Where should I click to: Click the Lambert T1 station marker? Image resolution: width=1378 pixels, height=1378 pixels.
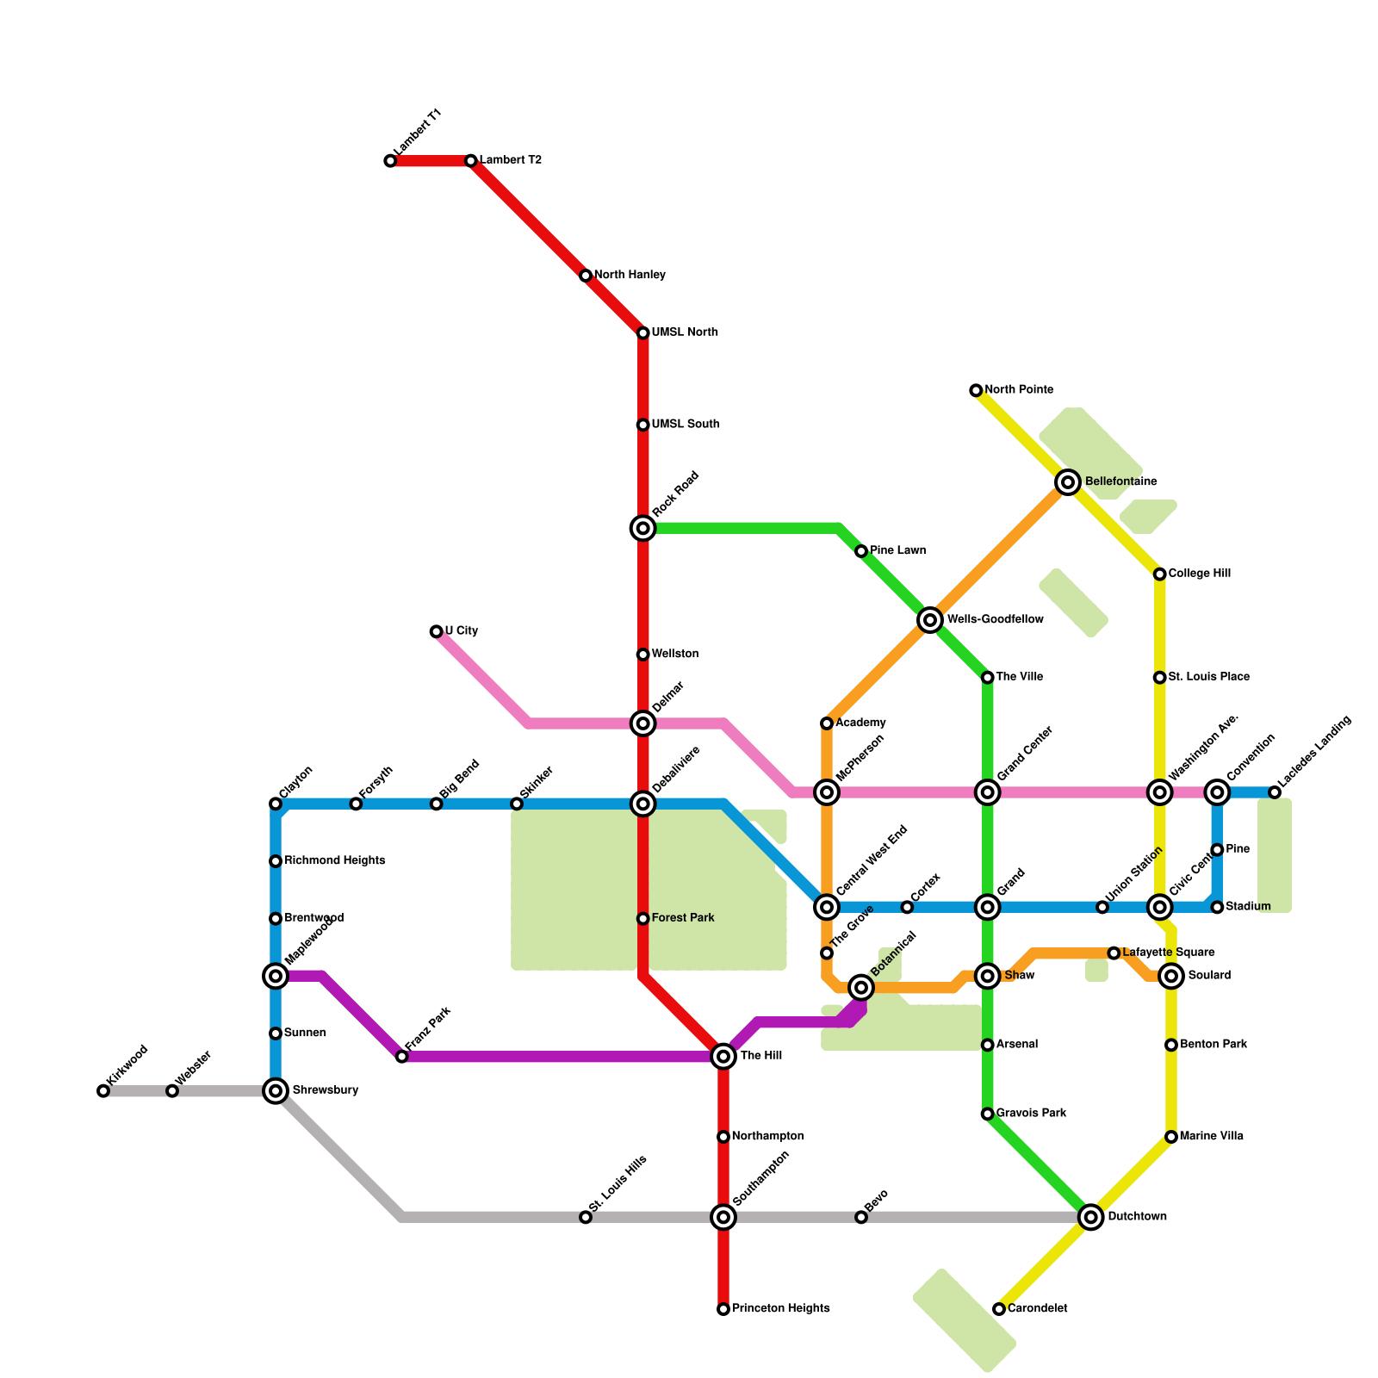coord(390,161)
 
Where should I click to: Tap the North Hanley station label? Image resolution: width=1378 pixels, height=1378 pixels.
coord(630,276)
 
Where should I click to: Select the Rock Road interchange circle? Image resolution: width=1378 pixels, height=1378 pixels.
coord(642,528)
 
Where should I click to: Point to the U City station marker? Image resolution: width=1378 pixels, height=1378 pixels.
coord(436,631)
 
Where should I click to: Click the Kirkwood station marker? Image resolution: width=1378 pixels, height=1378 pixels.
coord(103,1091)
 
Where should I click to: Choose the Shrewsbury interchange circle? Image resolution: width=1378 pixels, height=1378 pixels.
coord(276,1091)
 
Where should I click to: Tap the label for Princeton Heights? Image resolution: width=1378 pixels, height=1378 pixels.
coord(780,1309)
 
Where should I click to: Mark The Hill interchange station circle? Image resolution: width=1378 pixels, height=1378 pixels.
coord(723,1056)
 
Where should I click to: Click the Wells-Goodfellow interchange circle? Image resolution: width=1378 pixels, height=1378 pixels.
coord(929,619)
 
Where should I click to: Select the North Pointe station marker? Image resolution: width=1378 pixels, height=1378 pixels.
coord(976,390)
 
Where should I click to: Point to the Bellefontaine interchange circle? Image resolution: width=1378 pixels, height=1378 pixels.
coord(1068,482)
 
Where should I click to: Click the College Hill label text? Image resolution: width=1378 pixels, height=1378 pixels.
coord(1199,574)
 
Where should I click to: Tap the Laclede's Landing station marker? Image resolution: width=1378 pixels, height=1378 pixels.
coord(1275,792)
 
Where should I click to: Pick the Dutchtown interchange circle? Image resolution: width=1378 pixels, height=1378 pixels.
coord(1091,1217)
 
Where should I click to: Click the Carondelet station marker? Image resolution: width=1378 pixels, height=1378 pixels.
coord(999,1309)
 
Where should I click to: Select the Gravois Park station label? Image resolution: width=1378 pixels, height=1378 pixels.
coord(1031,1114)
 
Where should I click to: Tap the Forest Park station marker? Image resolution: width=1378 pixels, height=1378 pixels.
coord(642,919)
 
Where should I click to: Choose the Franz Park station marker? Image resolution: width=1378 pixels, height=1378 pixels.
coord(402,1057)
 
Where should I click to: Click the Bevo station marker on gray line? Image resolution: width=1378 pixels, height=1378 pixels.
coord(861,1217)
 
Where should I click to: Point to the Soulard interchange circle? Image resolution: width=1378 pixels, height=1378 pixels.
coord(1170,976)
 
